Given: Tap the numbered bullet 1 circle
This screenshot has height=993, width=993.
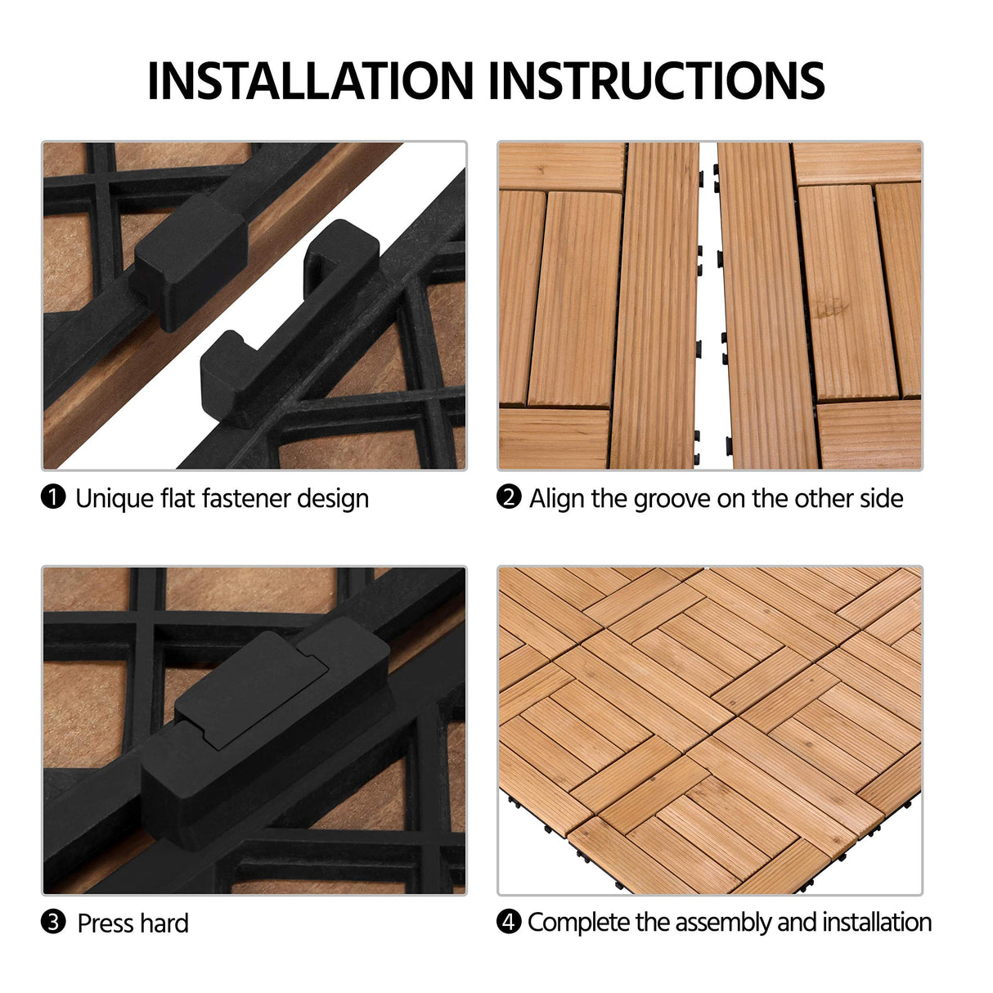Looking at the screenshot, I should [x=53, y=496].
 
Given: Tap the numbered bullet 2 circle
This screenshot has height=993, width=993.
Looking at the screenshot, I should [x=509, y=496].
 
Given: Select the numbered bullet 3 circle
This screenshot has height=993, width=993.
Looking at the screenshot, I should [x=53, y=922].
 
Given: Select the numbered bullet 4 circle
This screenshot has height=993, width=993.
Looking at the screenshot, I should [x=509, y=922].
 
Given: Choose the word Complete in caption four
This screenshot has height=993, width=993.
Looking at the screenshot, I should [x=579, y=923].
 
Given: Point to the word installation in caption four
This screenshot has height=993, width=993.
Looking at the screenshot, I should [x=877, y=923].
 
